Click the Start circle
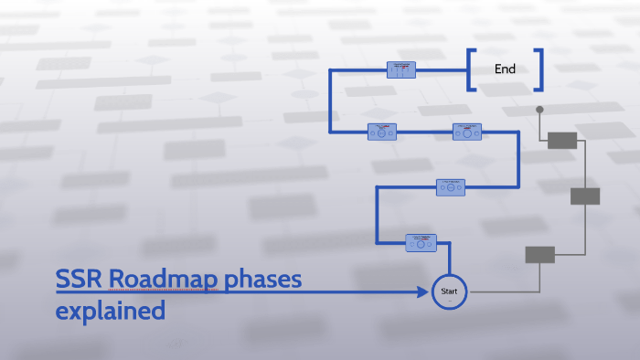point(449,291)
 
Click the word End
point(505,69)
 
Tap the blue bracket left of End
point(471,69)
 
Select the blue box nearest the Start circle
point(421,242)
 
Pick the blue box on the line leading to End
point(401,69)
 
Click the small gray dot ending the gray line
point(539,110)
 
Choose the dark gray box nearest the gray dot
point(562,140)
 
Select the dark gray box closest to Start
point(539,255)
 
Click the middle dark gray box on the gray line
point(585,196)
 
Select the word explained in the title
point(110,311)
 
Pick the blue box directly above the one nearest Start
point(451,186)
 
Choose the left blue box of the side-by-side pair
point(381,132)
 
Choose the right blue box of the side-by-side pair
point(467,132)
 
